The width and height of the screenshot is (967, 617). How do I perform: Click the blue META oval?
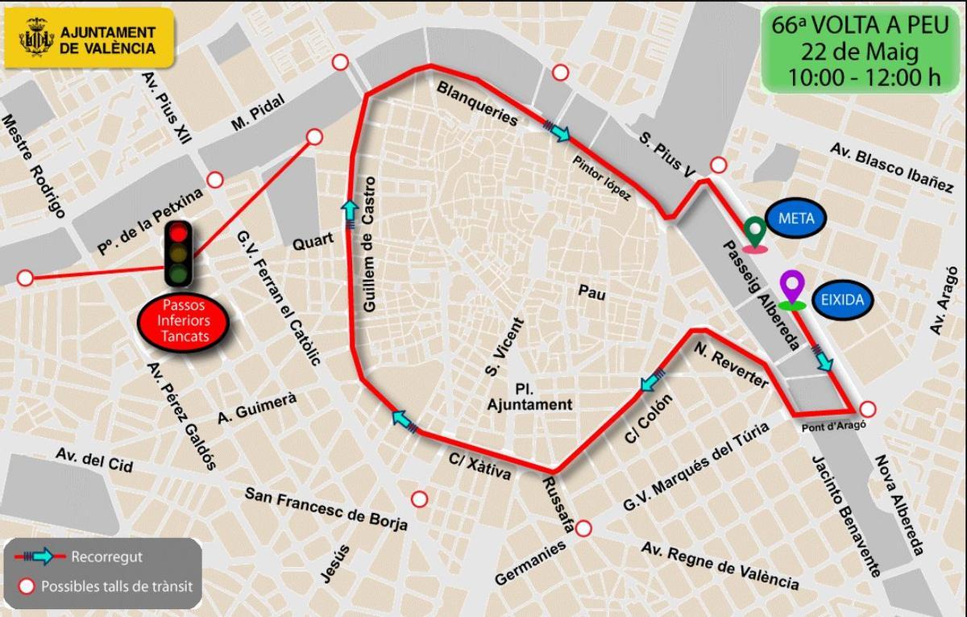796,219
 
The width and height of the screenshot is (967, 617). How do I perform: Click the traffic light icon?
178,253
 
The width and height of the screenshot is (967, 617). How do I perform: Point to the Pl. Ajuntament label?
529,395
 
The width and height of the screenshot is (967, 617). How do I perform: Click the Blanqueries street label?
476,103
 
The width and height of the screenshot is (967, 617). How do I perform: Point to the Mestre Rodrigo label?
33,165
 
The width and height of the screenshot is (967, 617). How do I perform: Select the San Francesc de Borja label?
326,510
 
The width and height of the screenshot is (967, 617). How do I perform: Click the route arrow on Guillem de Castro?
350,211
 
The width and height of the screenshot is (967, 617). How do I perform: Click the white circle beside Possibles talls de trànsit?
27,586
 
